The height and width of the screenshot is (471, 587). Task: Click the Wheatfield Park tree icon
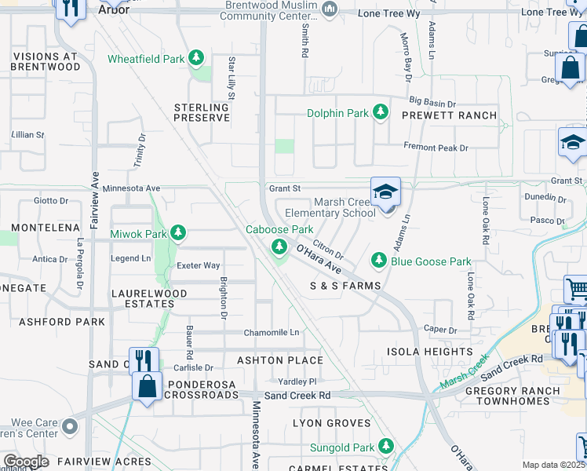(x=195, y=59)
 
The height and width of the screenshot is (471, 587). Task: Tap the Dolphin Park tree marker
(x=380, y=113)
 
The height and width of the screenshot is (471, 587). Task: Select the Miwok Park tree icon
(x=178, y=233)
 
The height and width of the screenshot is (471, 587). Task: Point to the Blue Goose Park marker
(x=379, y=260)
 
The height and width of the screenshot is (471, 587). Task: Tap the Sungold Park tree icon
(x=385, y=446)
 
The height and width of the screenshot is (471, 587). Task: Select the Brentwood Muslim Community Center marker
(x=330, y=9)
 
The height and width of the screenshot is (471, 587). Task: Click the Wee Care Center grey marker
(x=70, y=427)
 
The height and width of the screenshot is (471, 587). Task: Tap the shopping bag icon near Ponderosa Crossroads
(x=147, y=387)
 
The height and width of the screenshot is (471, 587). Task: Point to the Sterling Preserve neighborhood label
(x=202, y=112)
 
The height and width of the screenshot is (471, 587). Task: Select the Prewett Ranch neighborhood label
(x=449, y=115)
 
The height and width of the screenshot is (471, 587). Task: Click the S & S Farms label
(x=345, y=286)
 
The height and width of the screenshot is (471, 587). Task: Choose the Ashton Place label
(x=280, y=360)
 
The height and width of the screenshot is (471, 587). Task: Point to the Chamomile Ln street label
(x=272, y=332)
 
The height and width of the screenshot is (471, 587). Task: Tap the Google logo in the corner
(x=26, y=462)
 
